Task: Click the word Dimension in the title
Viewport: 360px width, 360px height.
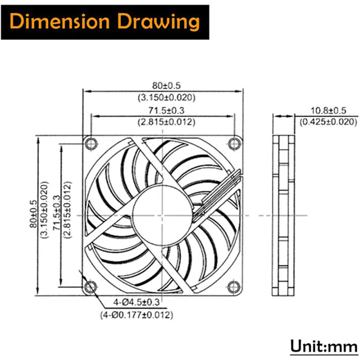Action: pyautogui.click(x=59, y=22)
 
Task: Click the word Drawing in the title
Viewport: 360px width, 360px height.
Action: pyautogui.click(x=158, y=22)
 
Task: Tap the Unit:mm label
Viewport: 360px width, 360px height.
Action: pyautogui.click(x=324, y=346)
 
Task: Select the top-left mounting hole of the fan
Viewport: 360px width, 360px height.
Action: pyautogui.click(x=91, y=144)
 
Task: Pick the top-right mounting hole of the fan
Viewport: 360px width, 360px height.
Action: pyautogui.click(x=234, y=144)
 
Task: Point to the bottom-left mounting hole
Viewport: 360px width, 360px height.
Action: pyautogui.click(x=91, y=287)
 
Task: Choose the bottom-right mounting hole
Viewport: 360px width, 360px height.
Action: pyautogui.click(x=234, y=287)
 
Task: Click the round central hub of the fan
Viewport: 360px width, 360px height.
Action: pyautogui.click(x=162, y=215)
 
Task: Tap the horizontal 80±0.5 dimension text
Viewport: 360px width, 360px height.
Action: pyautogui.click(x=166, y=85)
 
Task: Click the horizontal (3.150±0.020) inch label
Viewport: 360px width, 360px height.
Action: pyautogui.click(x=166, y=98)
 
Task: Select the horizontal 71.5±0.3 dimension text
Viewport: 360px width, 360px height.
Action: pyautogui.click(x=166, y=110)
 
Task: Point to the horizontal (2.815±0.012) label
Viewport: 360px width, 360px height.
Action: pyautogui.click(x=166, y=122)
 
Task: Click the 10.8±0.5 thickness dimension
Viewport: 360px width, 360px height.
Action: pyautogui.click(x=328, y=111)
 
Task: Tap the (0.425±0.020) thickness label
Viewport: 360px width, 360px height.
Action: pyautogui.click(x=328, y=121)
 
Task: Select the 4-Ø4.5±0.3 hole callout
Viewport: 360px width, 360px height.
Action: pyautogui.click(x=136, y=302)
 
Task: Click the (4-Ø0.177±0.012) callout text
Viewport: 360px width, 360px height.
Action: pyautogui.click(x=136, y=315)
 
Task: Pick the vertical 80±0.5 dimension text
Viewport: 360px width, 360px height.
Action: pyautogui.click(x=33, y=214)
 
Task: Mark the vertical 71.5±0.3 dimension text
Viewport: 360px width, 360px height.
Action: pyautogui.click(x=57, y=213)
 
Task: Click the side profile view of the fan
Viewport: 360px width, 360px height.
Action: pyautogui.click(x=283, y=216)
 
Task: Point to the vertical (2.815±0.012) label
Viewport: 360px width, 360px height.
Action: pyautogui.click(x=68, y=210)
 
